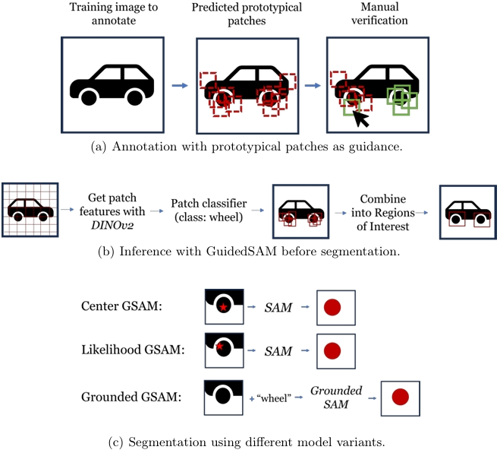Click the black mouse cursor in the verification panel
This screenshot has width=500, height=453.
pyautogui.click(x=361, y=119)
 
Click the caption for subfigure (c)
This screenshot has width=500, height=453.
pyautogui.click(x=250, y=439)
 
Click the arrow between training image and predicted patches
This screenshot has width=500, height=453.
pyautogui.click(x=179, y=85)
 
